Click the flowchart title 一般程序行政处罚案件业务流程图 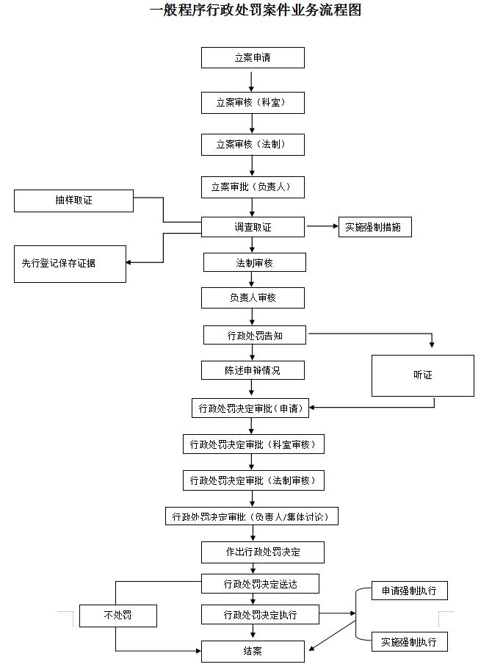point(255,10)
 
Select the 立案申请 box point(253,57)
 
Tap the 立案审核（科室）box point(253,103)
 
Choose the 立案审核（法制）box point(253,145)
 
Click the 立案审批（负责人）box point(253,187)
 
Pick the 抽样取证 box point(73,201)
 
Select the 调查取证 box point(253,227)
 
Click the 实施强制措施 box point(375,227)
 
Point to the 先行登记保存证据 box point(70,264)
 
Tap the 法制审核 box point(254,262)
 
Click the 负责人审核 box point(253,298)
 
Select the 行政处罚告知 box point(254,335)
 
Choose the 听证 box point(423,375)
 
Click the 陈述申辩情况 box point(253,370)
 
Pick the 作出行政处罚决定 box point(263,552)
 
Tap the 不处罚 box point(118,616)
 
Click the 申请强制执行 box point(410,591)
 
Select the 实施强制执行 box point(410,641)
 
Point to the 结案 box point(253,651)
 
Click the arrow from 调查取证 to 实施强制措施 point(322,226)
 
